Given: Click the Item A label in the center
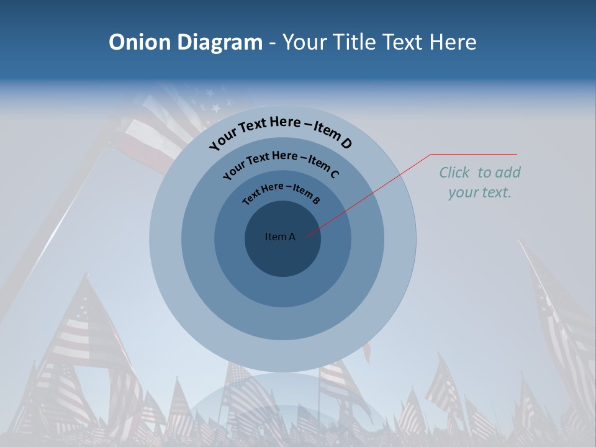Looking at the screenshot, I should coord(280,237).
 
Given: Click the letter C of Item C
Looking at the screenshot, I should coord(334,173).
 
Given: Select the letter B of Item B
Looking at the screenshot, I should coord(316,200).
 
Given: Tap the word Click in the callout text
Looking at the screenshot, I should coord(456,173).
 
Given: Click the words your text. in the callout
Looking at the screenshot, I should coord(480,192).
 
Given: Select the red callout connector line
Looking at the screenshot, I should coord(366,196).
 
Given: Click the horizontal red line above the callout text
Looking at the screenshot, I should coord(474,154).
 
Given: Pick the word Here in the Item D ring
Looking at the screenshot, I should coord(284,123).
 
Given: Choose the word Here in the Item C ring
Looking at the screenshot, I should coord(284,155).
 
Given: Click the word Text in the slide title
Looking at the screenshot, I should coord(399,42).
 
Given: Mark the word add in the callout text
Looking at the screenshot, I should coord(508,173).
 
